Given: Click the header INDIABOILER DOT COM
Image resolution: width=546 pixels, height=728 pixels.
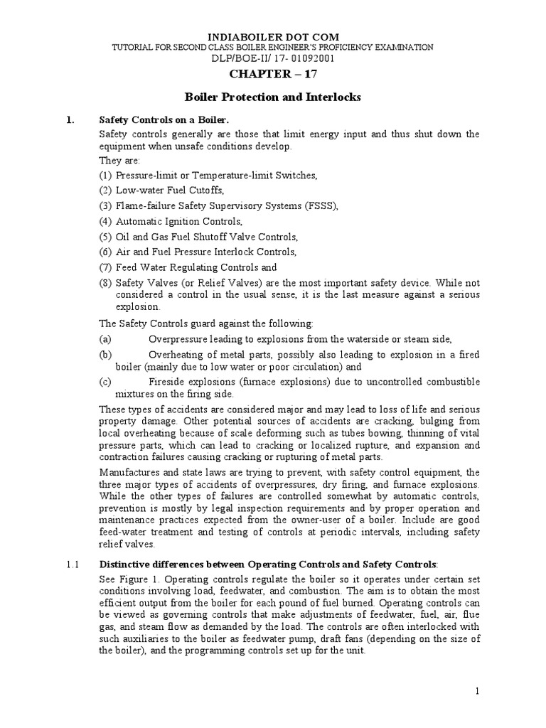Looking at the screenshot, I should click(273, 36).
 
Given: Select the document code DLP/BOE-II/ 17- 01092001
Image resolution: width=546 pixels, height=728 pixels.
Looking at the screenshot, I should click(273, 58).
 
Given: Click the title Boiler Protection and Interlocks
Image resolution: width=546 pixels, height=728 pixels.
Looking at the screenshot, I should click(273, 97).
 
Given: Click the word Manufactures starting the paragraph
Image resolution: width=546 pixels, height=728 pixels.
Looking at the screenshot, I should click(127, 472).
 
